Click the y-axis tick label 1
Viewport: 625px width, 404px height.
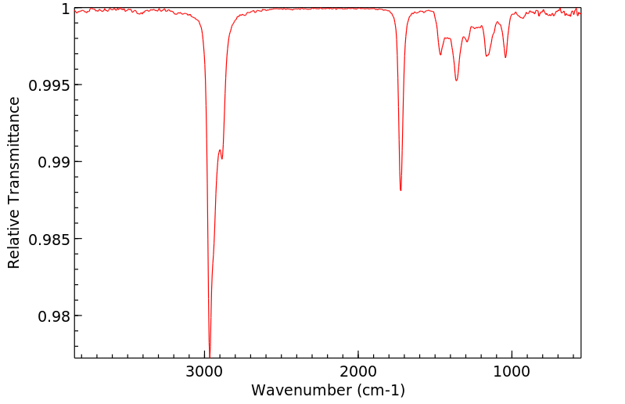65,9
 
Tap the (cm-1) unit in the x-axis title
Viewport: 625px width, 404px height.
375,389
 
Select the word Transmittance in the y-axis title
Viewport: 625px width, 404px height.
13,148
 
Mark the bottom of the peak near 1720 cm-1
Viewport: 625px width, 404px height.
401,190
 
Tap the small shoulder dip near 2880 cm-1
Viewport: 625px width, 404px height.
222,159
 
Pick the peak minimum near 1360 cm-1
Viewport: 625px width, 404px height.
456,81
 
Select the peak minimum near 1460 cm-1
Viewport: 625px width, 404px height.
440,55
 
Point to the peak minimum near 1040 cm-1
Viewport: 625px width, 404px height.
505,57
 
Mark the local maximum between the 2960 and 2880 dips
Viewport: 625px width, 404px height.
220,150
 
